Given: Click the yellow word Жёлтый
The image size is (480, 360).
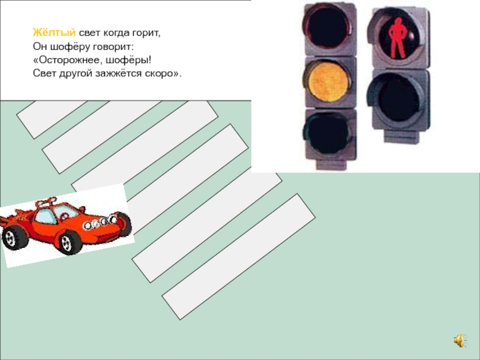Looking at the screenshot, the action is point(54,32).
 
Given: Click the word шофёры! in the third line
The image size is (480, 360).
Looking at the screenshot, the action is point(129,60).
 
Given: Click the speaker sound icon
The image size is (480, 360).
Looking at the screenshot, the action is point(460,340).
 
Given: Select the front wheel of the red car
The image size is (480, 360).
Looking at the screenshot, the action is point(70,242).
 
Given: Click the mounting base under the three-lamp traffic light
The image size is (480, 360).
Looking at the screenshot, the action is point(332,164).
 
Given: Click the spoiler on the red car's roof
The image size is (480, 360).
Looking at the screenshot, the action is point(46,202).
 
